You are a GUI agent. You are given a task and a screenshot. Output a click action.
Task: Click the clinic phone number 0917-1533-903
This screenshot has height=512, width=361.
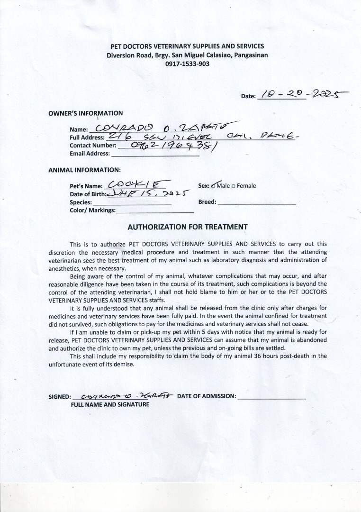187,64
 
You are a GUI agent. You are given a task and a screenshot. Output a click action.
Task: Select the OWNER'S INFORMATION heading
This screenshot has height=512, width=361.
85,113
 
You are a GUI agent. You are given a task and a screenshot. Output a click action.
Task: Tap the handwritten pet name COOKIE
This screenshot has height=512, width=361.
135,185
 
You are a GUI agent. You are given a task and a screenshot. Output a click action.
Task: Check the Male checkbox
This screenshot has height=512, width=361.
214,186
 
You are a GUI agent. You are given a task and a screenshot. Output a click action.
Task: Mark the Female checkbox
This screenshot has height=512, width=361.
234,186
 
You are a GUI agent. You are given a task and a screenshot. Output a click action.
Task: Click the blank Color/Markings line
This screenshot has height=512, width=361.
155,211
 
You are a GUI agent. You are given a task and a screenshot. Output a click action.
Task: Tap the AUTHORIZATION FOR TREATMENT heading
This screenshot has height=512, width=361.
188,227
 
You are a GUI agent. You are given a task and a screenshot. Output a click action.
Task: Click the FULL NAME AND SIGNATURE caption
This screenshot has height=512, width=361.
110,404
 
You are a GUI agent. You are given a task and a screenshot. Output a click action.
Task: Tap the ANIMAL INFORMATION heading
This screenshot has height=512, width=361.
84,170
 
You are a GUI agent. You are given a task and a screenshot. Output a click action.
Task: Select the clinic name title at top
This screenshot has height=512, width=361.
187,46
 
